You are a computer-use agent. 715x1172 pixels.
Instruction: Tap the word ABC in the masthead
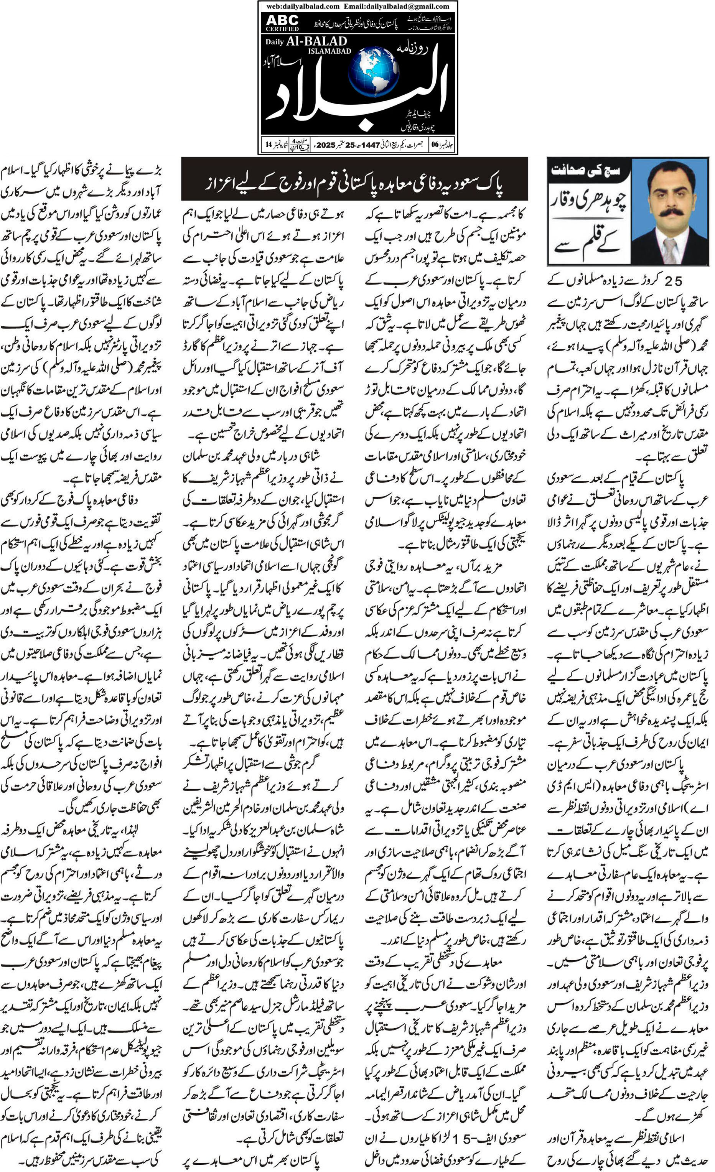coord(282,20)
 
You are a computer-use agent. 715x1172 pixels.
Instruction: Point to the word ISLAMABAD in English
coord(329,51)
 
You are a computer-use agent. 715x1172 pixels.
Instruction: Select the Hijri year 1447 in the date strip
coord(371,145)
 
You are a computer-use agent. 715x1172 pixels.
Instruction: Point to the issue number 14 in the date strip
coord(269,145)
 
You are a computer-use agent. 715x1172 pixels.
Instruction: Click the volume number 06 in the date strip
coord(435,145)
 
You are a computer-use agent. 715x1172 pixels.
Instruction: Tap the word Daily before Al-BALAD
coord(275,42)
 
